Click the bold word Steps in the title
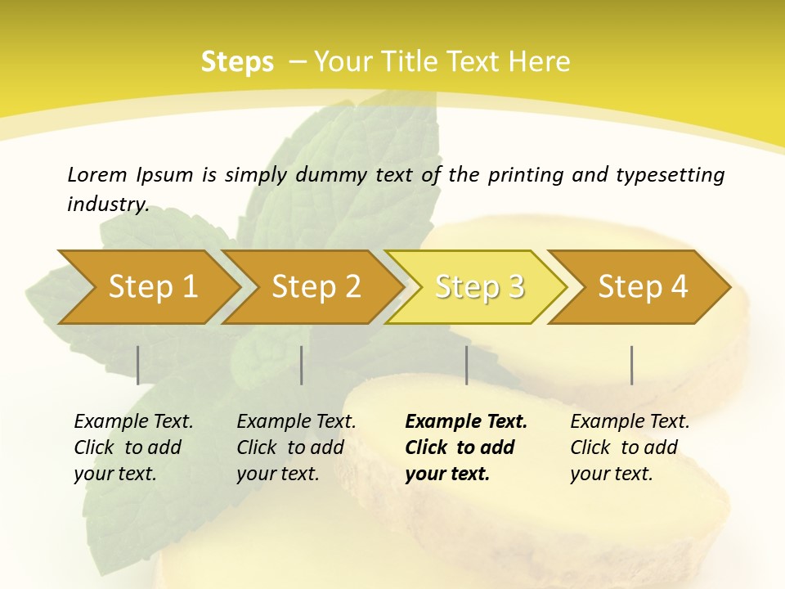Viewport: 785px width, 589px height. click(x=237, y=62)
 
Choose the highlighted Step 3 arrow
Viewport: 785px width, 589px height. click(x=479, y=287)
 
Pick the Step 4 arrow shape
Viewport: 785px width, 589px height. click(x=643, y=287)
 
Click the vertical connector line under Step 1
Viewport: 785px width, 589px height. click(x=138, y=365)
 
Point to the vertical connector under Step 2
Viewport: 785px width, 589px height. click(x=302, y=365)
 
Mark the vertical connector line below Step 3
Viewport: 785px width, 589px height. click(x=466, y=365)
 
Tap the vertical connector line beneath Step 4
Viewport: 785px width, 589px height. click(x=631, y=365)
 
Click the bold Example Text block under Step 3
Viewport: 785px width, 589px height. click(x=466, y=447)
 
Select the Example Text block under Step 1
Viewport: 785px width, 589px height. click(x=133, y=447)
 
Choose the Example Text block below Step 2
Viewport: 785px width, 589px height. click(x=296, y=447)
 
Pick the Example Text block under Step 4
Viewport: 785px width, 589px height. click(x=630, y=447)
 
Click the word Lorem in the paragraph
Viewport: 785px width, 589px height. click(x=96, y=175)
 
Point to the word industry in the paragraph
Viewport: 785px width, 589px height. click(x=107, y=205)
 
